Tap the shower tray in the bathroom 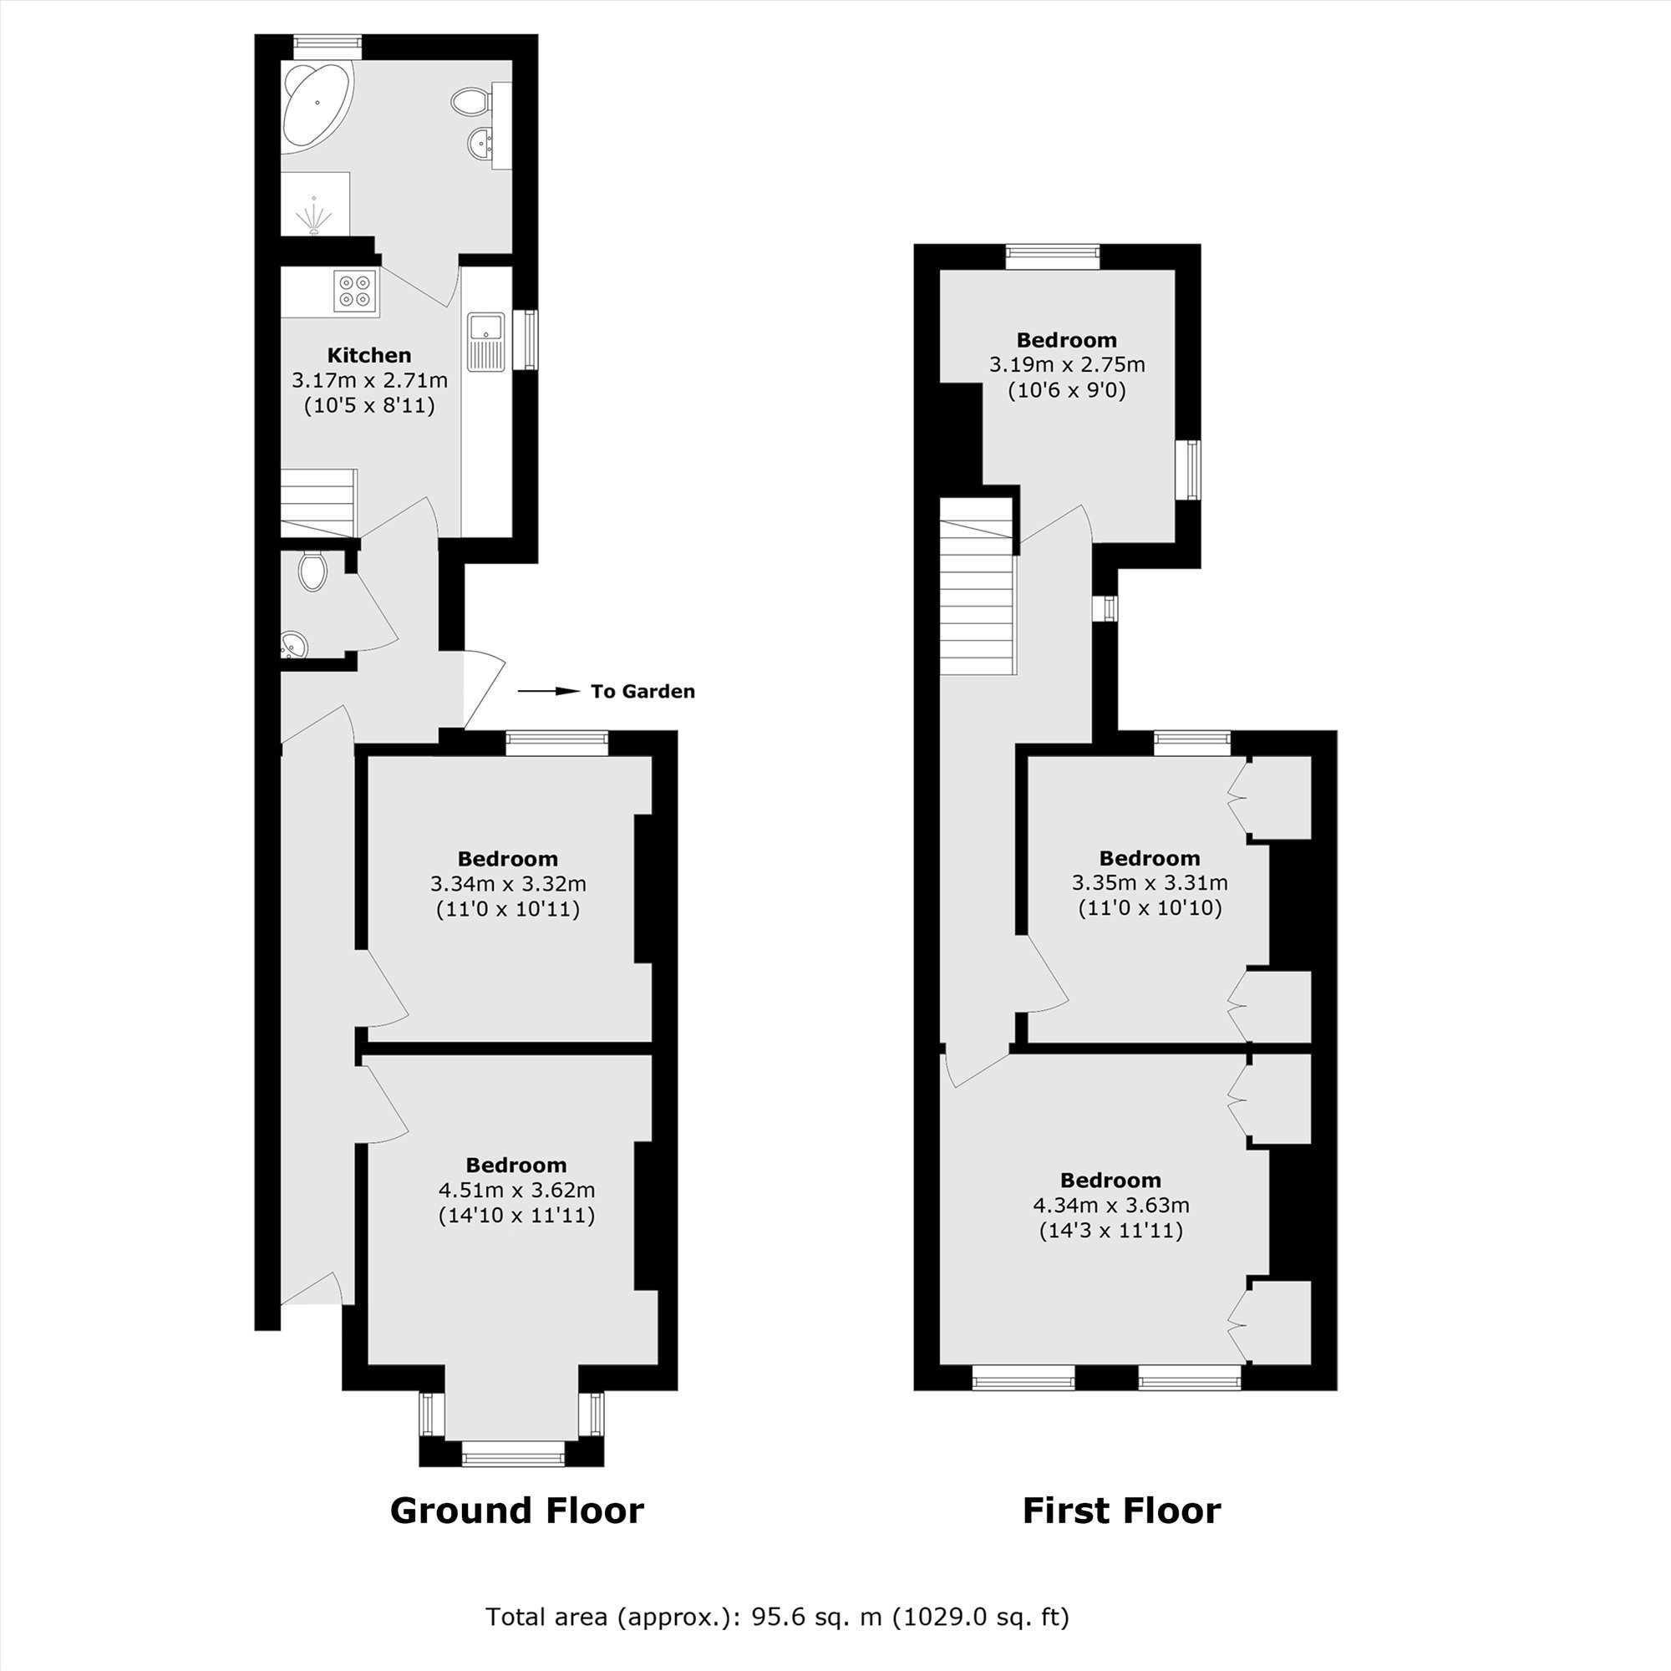(315, 204)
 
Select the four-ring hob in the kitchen (355, 291)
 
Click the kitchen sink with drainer (486, 341)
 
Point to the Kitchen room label (368, 354)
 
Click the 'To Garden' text (642, 691)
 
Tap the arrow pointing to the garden (548, 691)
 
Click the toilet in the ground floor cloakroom (312, 571)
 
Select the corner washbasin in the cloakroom (293, 645)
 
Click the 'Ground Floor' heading (516, 1510)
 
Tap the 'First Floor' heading (1121, 1510)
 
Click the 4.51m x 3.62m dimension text (516, 1190)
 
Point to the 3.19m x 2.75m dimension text (1066, 365)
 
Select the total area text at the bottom (777, 1617)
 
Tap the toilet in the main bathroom (470, 102)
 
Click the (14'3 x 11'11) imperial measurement (1110, 1230)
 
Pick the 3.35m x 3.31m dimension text (1150, 883)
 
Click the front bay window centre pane (513, 1459)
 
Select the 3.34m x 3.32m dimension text (508, 884)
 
